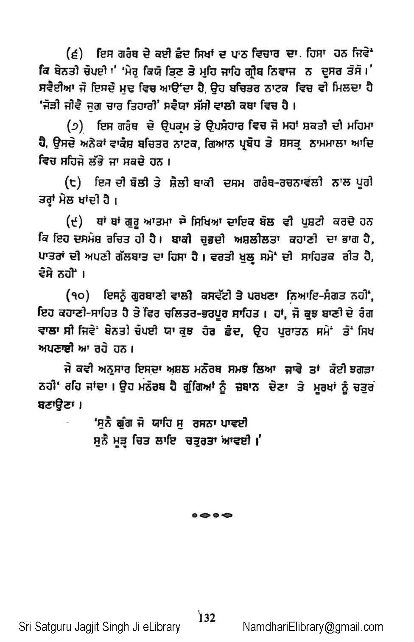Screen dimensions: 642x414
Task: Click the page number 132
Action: pos(207,617)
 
